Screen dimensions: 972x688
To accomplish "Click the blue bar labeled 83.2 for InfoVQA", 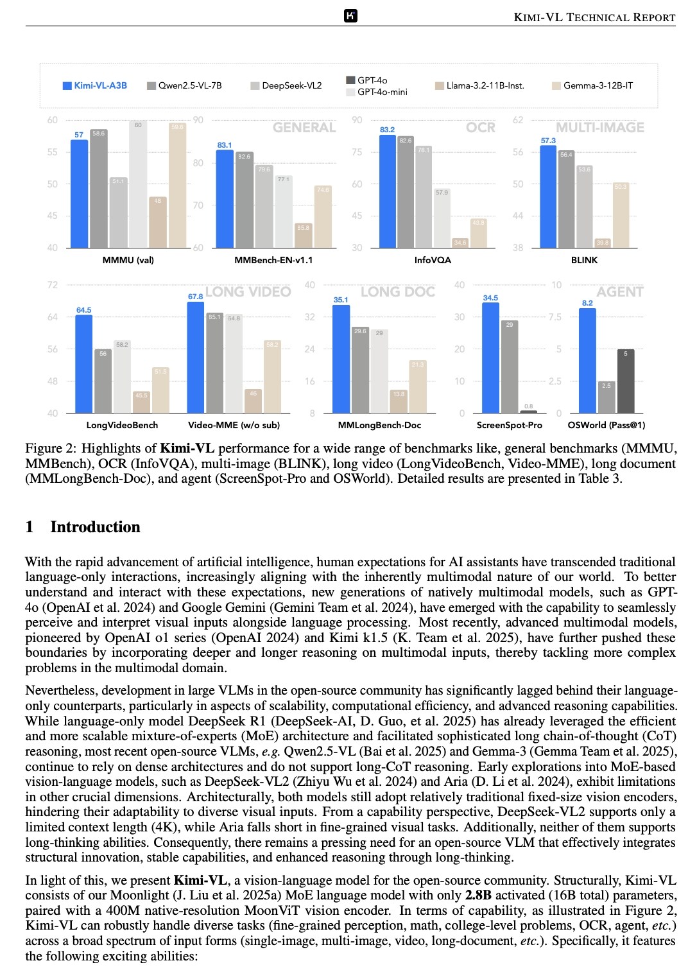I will (388, 191).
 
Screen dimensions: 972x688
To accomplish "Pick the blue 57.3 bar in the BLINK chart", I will (548, 196).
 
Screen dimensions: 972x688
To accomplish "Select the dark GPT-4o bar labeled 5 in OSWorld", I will (626, 381).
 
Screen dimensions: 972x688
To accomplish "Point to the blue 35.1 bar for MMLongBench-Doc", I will (341, 359).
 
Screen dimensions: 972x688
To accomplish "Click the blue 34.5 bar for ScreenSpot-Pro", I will (490, 358).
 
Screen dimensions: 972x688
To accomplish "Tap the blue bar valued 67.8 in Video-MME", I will (196, 357).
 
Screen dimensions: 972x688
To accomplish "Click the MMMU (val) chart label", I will (128, 260).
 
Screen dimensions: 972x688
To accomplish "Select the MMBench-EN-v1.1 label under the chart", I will (273, 260).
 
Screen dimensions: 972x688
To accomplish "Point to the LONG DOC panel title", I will (398, 292).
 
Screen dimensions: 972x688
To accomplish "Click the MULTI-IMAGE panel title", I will (600, 127).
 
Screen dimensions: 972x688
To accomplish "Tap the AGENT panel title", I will (620, 292).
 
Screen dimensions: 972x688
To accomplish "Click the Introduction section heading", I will (95, 527).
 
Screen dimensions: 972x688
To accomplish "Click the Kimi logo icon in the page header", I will (350, 16).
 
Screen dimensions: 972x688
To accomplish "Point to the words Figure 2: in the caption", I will (51, 448).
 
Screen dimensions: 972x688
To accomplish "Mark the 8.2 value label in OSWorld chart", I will (587, 303).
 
